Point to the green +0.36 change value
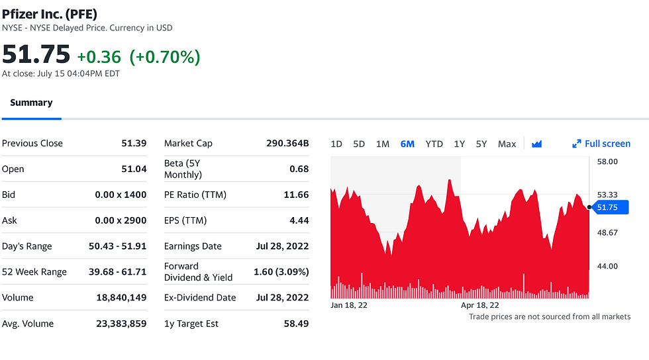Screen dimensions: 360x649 pos(99,58)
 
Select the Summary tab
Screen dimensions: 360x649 pos(31,103)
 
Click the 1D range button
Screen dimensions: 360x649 pos(336,144)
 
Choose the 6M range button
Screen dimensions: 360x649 pos(407,144)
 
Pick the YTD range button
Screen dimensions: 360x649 pos(434,144)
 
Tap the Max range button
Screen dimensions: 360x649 pos(507,144)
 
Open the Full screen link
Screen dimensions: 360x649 pos(601,144)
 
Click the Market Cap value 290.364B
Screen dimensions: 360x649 pos(287,143)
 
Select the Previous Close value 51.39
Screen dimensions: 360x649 pos(134,143)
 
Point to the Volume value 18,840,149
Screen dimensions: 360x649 pos(121,298)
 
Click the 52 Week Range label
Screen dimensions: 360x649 pos(34,272)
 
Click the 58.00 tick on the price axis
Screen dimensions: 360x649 pos(607,161)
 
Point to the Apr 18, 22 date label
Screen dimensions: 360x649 pos(480,306)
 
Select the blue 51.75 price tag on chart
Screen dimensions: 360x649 pos(609,208)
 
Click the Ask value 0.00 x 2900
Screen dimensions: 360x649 pos(117,220)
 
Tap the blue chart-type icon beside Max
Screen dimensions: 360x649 pos(536,144)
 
